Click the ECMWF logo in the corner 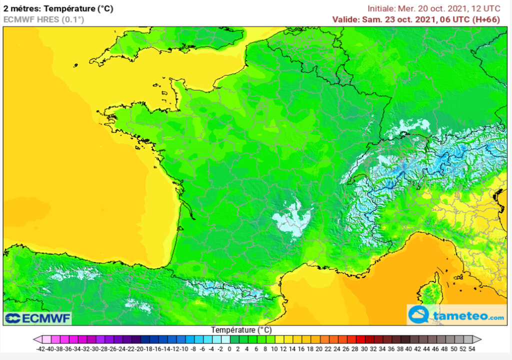click(x=38, y=318)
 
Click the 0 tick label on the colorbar click(x=229, y=348)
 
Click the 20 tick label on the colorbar click(x=318, y=348)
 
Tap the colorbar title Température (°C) click(x=241, y=330)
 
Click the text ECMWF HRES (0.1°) click(x=44, y=19)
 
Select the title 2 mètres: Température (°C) click(x=58, y=8)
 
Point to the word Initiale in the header click(x=381, y=8)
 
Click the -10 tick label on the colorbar click(x=184, y=348)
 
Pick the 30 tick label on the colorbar click(x=363, y=348)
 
